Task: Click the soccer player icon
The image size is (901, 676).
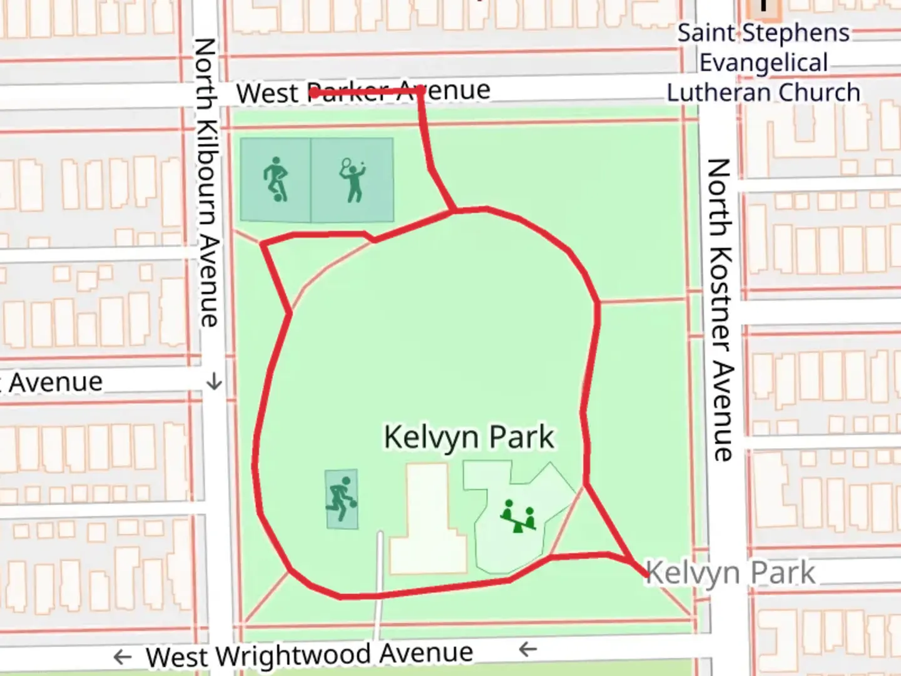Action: click(275, 180)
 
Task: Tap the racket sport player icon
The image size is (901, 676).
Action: click(352, 180)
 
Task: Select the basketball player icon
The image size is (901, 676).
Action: click(341, 499)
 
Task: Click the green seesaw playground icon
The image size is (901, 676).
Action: click(519, 516)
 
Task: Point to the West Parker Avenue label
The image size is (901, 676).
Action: click(363, 92)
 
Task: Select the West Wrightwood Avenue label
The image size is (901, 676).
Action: click(309, 655)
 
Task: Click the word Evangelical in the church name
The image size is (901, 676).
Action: click(763, 63)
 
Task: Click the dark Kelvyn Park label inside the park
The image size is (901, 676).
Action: click(469, 437)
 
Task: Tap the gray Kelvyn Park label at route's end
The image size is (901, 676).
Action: click(730, 573)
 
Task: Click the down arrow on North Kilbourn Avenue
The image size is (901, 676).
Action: click(214, 381)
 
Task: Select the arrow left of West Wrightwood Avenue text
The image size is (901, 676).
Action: click(123, 657)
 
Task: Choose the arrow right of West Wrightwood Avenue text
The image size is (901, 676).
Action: click(528, 649)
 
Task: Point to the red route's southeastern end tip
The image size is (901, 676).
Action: click(646, 575)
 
